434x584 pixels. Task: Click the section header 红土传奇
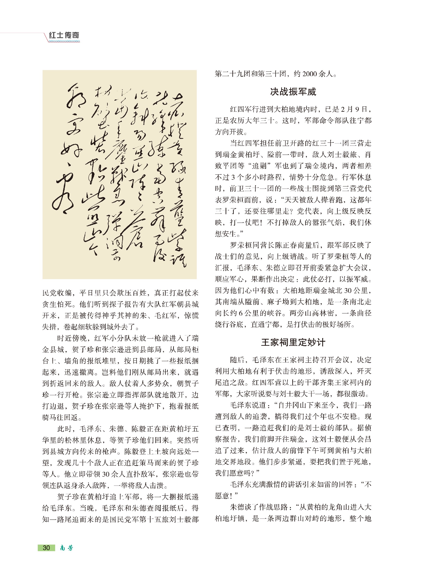pos(64,35)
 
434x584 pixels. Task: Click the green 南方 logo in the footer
pos(66,548)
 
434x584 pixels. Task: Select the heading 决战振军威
pos(293,92)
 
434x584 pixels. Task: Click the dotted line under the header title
pos(64,41)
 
